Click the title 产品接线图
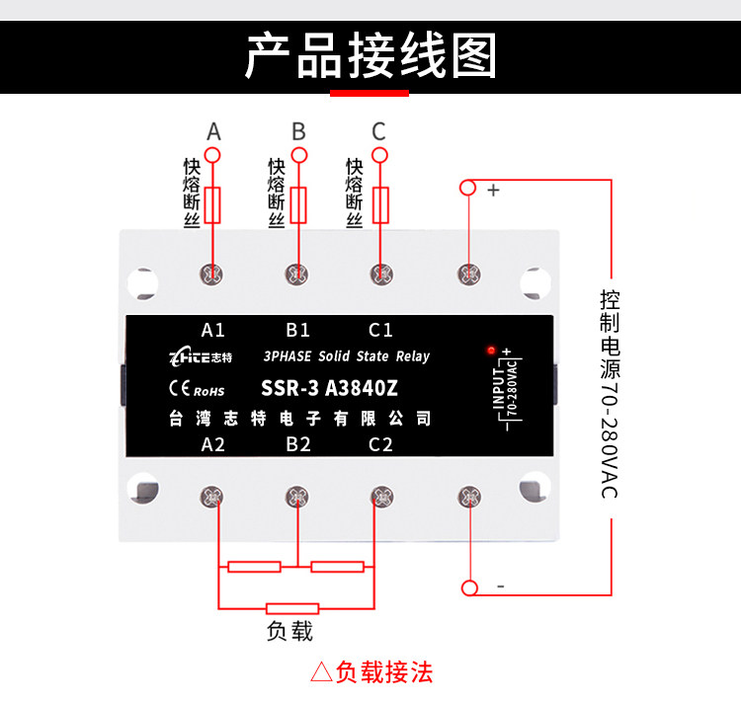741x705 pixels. tap(370, 55)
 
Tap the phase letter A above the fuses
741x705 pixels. tap(213, 131)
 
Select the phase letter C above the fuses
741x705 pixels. tap(378, 131)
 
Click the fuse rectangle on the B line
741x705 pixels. tap(298, 205)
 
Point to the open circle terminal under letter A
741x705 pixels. tap(212, 155)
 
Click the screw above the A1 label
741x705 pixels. tap(211, 274)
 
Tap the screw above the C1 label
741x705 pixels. tap(381, 274)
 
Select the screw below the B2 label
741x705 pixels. tap(297, 497)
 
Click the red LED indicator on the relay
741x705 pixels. tap(491, 350)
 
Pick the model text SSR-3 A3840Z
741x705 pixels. tap(329, 388)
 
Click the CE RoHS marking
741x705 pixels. tap(197, 389)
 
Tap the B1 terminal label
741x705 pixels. tap(297, 330)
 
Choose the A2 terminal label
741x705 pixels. tap(212, 444)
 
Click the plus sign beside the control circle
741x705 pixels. tap(493, 191)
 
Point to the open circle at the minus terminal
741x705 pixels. tap(469, 587)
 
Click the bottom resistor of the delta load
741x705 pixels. tap(292, 608)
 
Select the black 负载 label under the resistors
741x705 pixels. tap(289, 631)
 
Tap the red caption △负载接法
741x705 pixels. tap(371, 672)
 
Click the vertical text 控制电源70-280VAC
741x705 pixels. tap(610, 394)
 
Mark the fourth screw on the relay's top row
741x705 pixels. tap(469, 274)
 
